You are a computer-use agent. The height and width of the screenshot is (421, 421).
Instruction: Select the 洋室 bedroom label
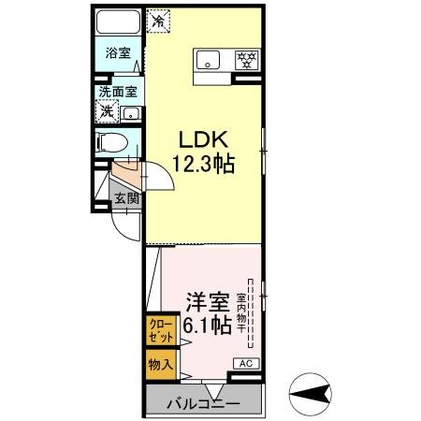tap(207, 302)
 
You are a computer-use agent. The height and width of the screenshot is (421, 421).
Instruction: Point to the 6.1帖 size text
tap(207, 326)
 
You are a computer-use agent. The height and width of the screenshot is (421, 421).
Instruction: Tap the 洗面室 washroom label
tap(119, 92)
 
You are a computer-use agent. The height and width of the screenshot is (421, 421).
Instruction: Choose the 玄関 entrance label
tap(127, 197)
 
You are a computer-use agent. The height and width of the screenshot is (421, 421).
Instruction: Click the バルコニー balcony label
tap(203, 404)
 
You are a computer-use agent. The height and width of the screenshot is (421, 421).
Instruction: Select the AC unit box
tap(246, 363)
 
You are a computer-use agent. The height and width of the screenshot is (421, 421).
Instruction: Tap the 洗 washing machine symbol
tap(108, 111)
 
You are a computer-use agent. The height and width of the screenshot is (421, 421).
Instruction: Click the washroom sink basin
tap(132, 113)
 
